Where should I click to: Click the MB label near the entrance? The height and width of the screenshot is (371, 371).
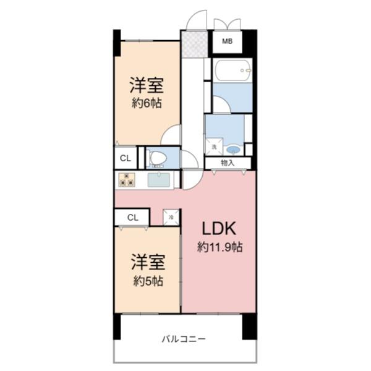click(x=227, y=41)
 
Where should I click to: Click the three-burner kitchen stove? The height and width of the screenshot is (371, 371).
click(x=127, y=180)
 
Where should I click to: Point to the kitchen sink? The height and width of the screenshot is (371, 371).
click(x=159, y=180)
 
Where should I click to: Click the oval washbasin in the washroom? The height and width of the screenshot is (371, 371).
click(x=232, y=149)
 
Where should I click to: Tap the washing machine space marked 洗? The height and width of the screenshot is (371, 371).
click(x=214, y=147)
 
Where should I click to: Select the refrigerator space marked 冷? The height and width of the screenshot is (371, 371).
click(x=171, y=217)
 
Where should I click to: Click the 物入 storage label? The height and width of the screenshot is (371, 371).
click(x=228, y=163)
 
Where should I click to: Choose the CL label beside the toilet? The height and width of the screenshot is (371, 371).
click(x=125, y=158)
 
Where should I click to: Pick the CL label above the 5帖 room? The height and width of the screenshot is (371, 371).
click(x=132, y=218)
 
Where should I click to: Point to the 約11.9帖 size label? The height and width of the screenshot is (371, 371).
click(x=219, y=247)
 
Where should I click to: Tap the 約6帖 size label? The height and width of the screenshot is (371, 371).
click(x=146, y=103)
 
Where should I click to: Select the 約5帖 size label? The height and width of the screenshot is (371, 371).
click(x=147, y=281)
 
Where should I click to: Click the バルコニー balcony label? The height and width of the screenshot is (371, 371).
click(x=184, y=339)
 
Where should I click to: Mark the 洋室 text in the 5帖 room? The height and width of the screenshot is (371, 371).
click(x=147, y=262)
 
